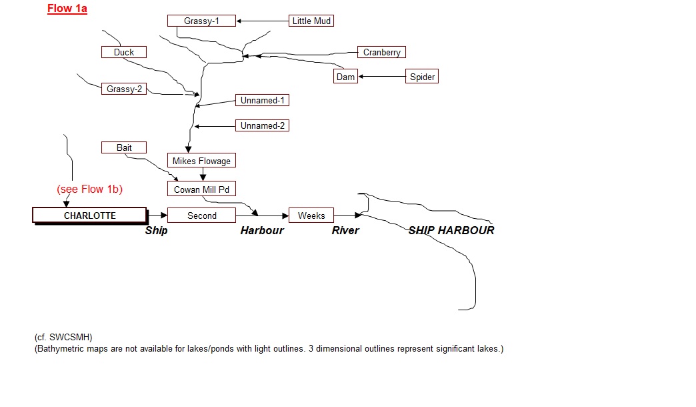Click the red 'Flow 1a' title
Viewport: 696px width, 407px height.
tap(67, 9)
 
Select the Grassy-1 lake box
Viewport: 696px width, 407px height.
tap(201, 21)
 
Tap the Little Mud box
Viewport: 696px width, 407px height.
tap(311, 21)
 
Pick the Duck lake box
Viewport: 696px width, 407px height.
tap(123, 52)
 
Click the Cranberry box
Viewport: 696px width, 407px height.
tap(381, 52)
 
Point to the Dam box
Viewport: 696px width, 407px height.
tap(345, 77)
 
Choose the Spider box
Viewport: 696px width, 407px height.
tap(422, 77)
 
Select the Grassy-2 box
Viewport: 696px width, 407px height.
tap(125, 88)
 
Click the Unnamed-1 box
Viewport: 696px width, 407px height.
tap(263, 100)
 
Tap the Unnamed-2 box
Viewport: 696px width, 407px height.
tap(263, 125)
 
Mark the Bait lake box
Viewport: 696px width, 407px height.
tap(124, 147)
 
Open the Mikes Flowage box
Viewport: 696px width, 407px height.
tap(201, 161)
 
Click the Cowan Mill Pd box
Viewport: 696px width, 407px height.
tap(201, 189)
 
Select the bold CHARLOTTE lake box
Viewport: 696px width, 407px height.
tap(89, 216)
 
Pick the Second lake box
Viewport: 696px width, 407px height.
tap(201, 216)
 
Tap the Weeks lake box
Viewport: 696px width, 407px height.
tap(311, 216)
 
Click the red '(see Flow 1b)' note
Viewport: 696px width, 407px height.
tap(89, 189)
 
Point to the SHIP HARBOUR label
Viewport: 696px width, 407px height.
tap(451, 230)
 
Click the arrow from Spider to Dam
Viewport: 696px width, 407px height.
tap(382, 77)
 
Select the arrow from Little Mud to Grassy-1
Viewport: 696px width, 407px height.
tap(263, 21)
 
